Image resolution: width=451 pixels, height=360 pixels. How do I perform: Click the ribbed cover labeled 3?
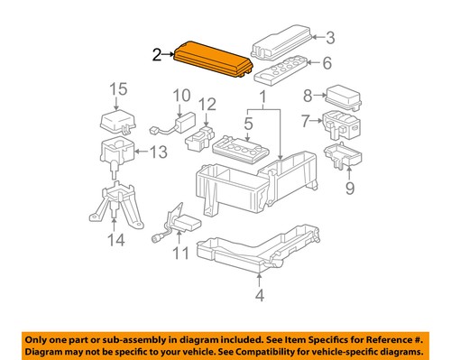click(282, 40)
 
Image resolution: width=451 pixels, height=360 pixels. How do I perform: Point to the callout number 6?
click(327, 62)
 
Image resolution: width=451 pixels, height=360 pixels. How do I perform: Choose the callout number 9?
click(348, 188)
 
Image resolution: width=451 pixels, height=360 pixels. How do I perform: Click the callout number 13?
click(158, 152)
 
